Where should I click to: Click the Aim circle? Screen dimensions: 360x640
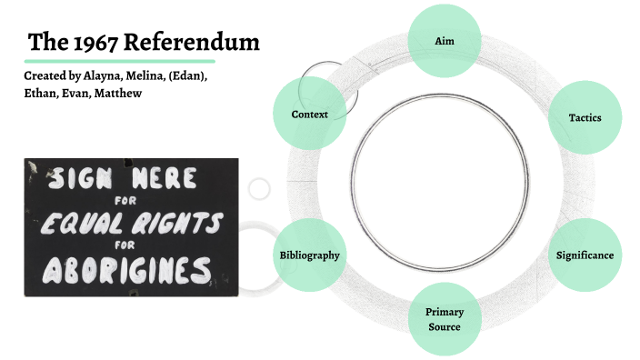point(444,41)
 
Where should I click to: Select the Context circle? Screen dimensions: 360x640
point(309,115)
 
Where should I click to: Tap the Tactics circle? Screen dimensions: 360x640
point(585,117)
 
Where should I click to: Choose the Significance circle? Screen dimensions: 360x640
point(585,255)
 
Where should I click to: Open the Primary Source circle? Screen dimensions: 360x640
point(444,319)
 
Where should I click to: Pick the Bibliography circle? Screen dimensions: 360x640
point(309,255)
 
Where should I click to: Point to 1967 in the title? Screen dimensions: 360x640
point(97,43)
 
